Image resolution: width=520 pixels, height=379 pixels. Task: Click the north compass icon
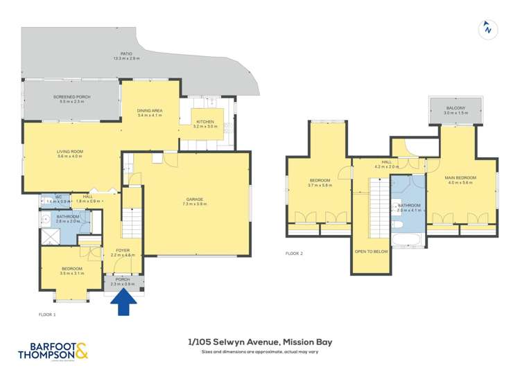tap(489, 29)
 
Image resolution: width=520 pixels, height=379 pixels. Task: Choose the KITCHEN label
tap(205, 121)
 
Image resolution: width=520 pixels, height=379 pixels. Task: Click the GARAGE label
tap(193, 200)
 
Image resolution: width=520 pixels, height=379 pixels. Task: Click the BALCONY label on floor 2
tap(456, 108)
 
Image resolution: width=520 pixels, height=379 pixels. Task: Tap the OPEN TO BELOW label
tap(371, 252)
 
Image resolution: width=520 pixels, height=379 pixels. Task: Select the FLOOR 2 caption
tap(295, 254)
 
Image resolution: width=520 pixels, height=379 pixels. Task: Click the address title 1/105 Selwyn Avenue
tap(260, 342)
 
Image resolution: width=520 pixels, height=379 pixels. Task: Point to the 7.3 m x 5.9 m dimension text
tap(193, 204)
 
